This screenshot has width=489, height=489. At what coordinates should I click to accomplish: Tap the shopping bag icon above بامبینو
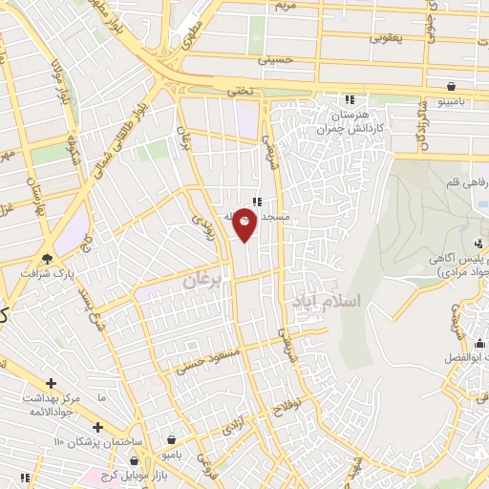[450, 83]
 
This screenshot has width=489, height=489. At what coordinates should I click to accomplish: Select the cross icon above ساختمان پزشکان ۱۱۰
[96, 426]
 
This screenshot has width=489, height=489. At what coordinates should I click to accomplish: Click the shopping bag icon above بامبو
[171, 440]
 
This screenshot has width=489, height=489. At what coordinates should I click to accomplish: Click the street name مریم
[313, 6]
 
